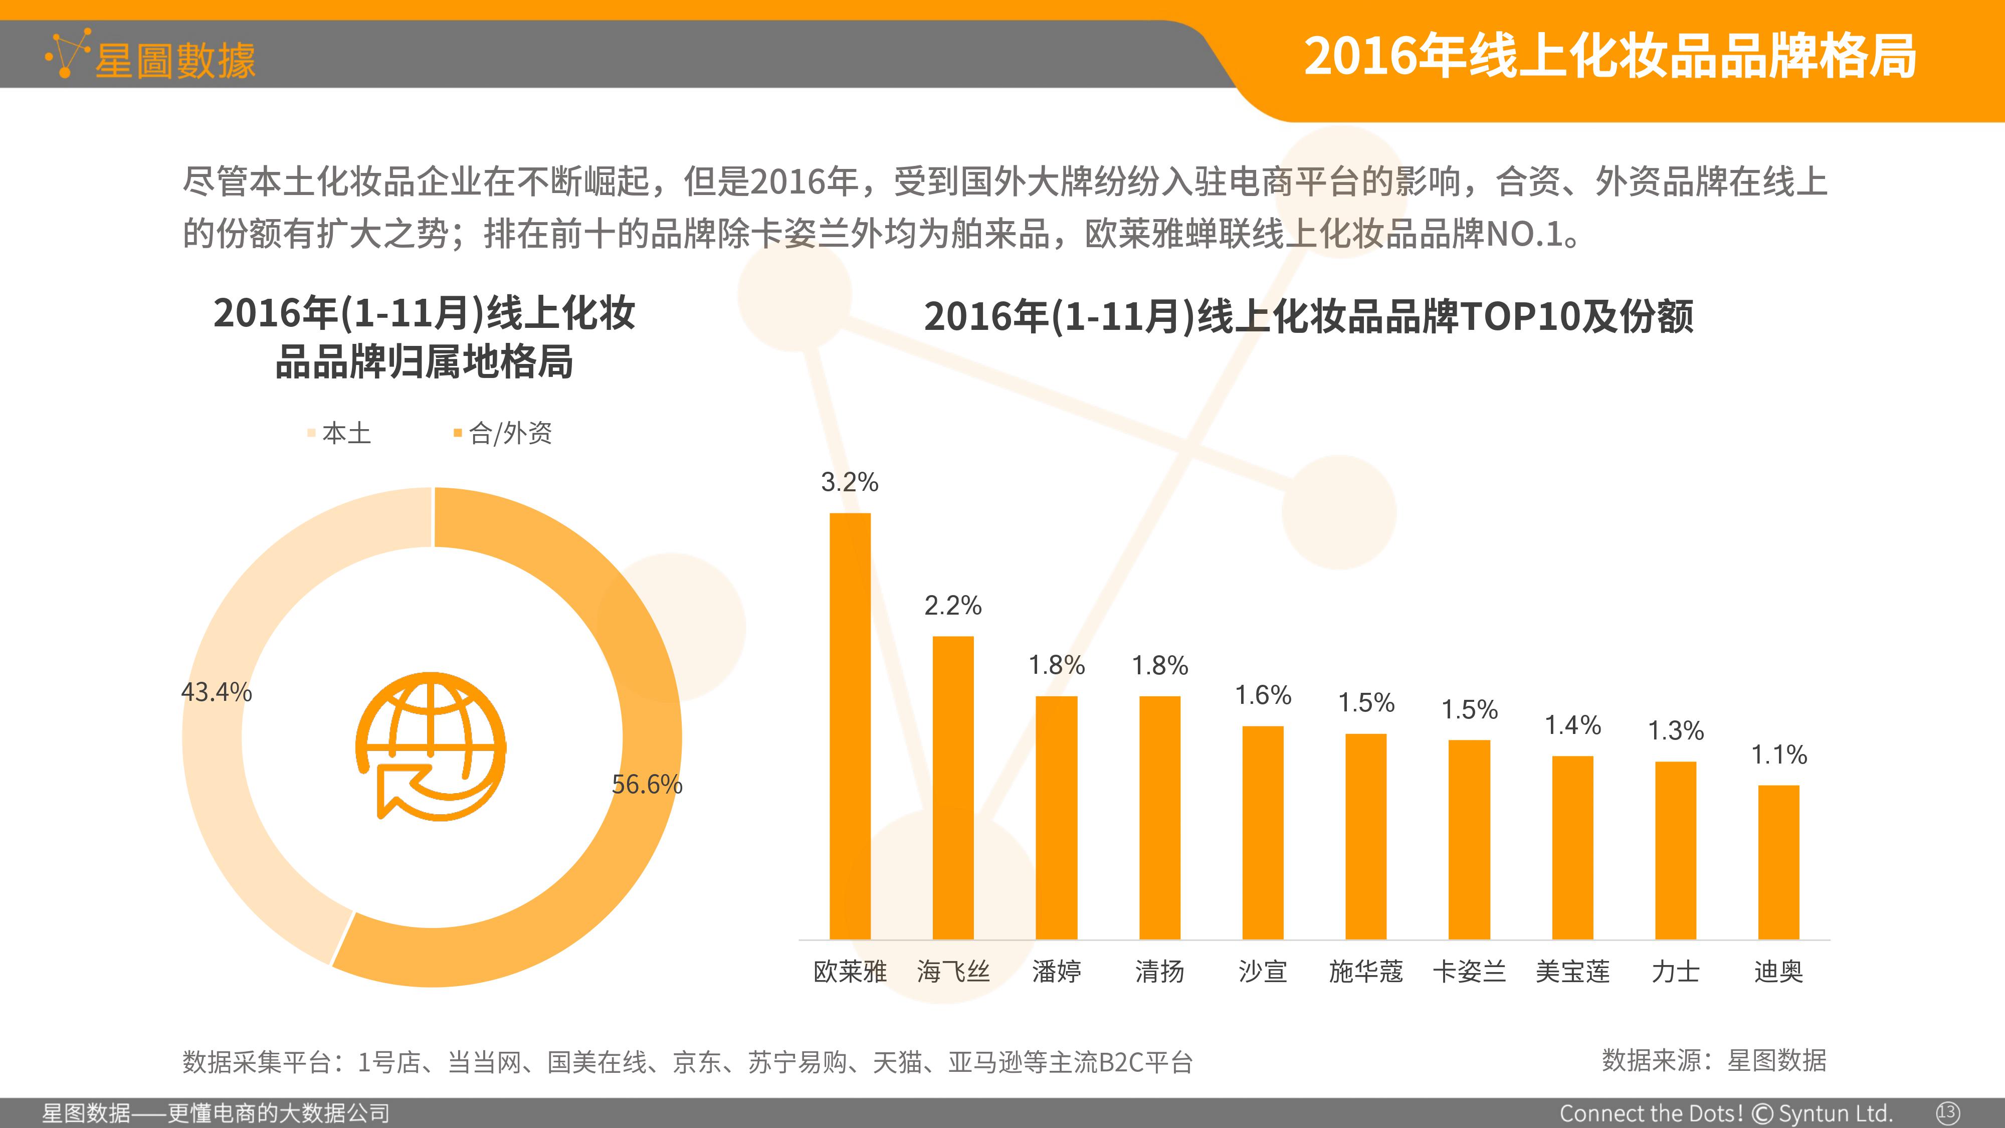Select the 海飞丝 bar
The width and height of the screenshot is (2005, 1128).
pos(953,788)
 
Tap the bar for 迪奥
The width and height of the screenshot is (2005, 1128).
pos(1778,862)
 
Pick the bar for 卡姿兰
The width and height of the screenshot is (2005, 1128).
pos(1469,839)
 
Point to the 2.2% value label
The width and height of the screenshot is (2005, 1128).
pos(953,605)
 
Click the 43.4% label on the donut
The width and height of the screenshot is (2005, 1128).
pos(217,691)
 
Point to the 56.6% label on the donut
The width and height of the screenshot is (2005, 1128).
pos(647,784)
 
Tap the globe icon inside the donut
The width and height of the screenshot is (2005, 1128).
pos(431,746)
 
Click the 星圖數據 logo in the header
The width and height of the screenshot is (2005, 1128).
pos(150,56)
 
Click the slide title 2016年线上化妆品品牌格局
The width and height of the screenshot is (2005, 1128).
pos(1610,56)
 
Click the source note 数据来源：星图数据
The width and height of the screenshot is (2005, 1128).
pos(1714,1060)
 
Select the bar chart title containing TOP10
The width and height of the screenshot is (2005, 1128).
pos(1308,316)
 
